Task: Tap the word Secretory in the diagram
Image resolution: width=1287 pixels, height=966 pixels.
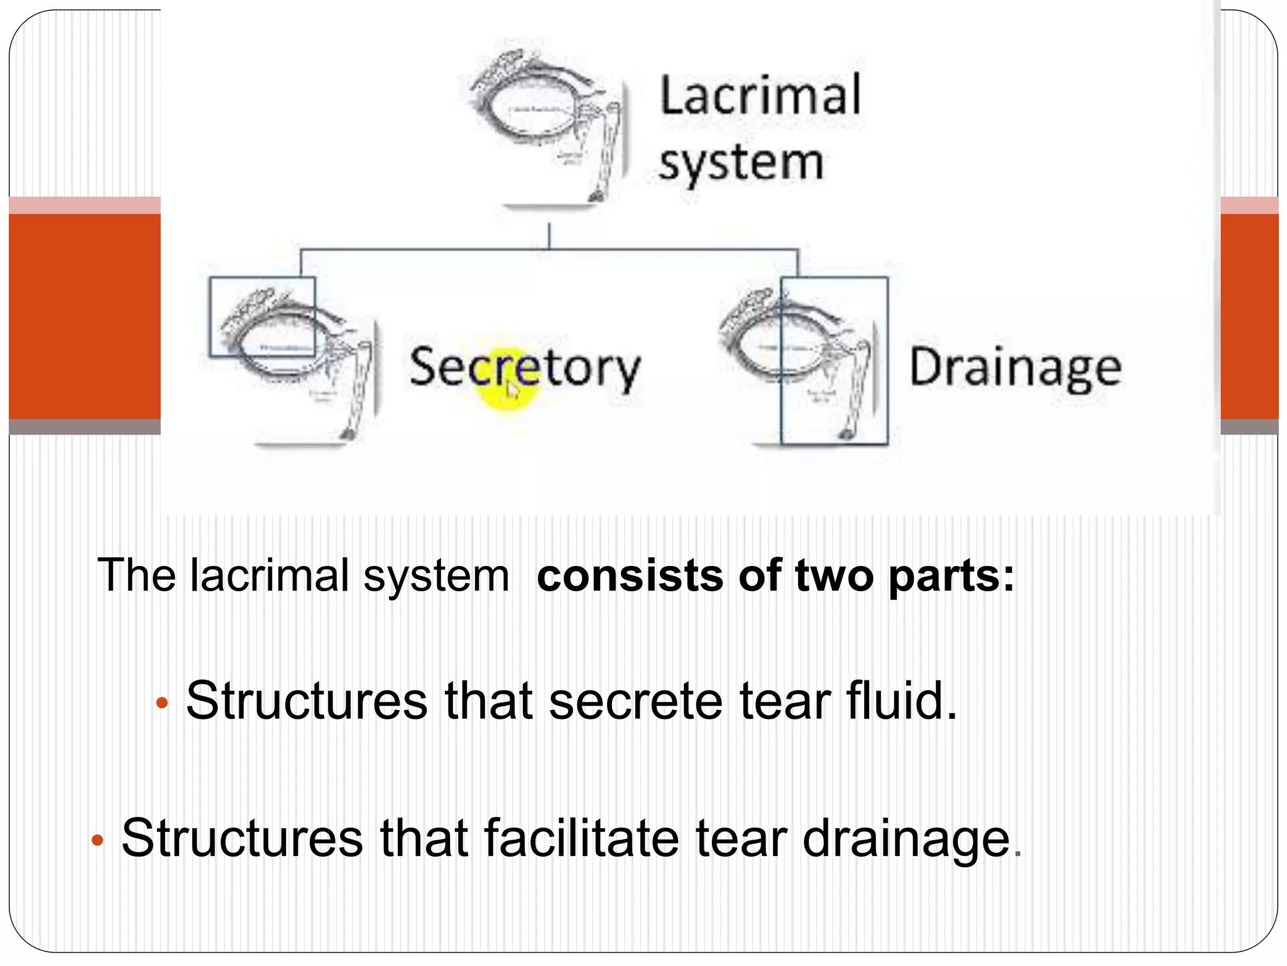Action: [x=525, y=367]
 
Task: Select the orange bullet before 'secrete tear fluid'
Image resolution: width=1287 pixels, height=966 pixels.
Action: [x=162, y=703]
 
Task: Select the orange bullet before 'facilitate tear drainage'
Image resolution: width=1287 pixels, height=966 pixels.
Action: [x=97, y=840]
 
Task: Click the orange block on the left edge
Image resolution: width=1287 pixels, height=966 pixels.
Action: [x=84, y=316]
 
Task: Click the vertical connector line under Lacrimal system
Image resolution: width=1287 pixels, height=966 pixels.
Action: [x=549, y=236]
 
